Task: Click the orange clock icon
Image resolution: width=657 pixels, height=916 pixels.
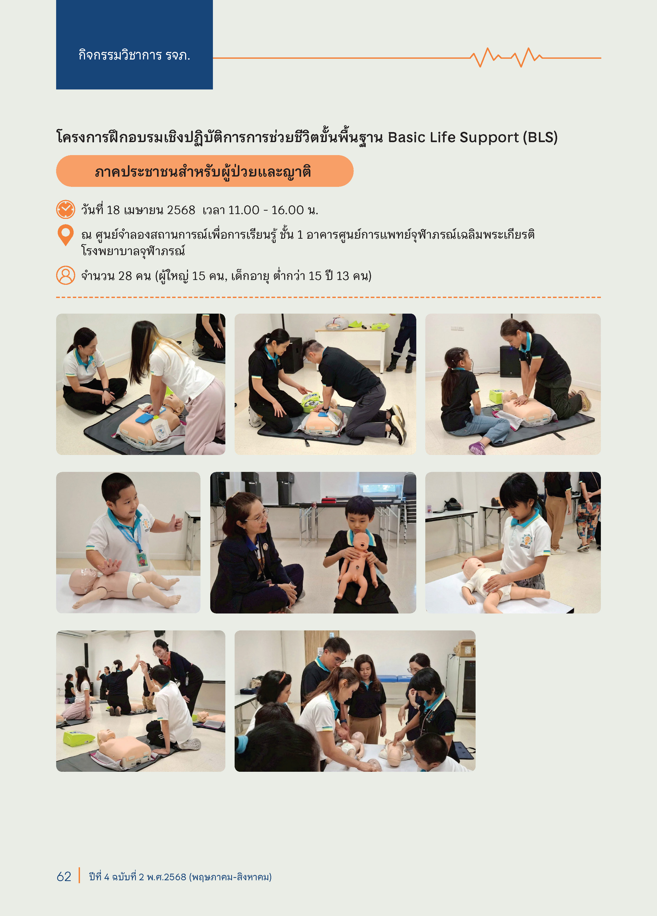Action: tap(65, 209)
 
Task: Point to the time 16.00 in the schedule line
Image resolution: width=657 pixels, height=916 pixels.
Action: tap(287, 210)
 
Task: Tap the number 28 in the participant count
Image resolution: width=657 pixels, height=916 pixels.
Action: tap(125, 276)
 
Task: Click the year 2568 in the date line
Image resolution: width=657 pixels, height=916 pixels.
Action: tap(181, 210)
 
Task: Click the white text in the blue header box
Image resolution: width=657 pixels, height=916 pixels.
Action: tap(134, 55)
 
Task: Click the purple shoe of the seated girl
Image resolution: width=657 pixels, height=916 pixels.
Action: tap(477, 448)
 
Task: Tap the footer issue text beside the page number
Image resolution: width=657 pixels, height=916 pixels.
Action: tap(180, 877)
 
